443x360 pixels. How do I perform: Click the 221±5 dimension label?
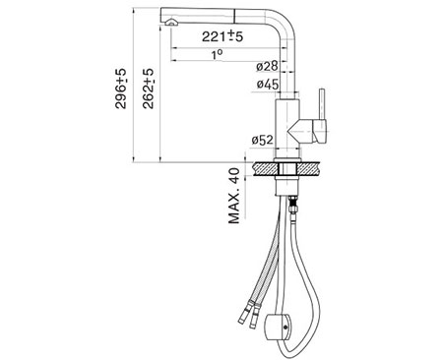point(222,36)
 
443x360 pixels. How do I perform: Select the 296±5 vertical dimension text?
point(120,89)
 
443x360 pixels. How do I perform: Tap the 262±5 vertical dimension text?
point(148,89)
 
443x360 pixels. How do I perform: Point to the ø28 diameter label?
point(267,66)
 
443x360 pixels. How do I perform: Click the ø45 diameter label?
point(268,85)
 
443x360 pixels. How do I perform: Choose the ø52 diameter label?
point(262,141)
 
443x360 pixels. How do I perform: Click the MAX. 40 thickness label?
point(234,196)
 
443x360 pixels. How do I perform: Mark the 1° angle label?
point(217,54)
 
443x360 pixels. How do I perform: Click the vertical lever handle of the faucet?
point(322,104)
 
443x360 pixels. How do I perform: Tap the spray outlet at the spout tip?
point(170,23)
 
